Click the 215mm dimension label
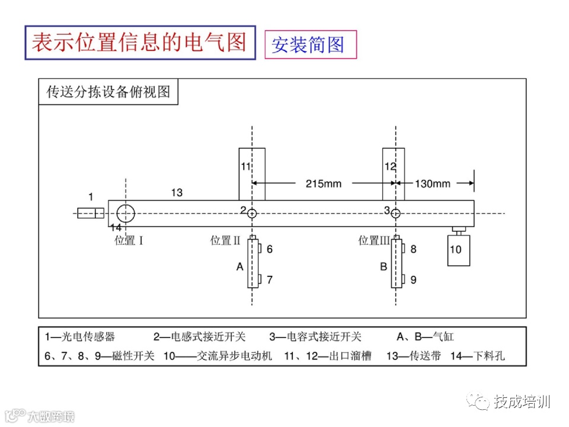[323, 183]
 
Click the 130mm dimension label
[432, 183]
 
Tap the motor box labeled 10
[458, 250]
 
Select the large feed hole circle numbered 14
[126, 213]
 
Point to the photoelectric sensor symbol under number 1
[91, 213]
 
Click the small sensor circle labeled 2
[252, 213]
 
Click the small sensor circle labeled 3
[396, 213]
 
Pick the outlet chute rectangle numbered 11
[252, 174]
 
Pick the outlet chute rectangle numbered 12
[394, 174]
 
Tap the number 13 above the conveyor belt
[177, 192]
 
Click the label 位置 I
[129, 241]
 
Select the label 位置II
[225, 241]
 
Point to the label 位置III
[374, 241]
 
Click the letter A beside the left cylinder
[240, 267]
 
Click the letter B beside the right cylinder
[383, 267]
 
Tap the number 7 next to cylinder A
[270, 279]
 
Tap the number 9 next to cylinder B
[413, 279]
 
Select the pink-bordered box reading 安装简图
[311, 44]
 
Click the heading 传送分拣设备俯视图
[108, 93]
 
